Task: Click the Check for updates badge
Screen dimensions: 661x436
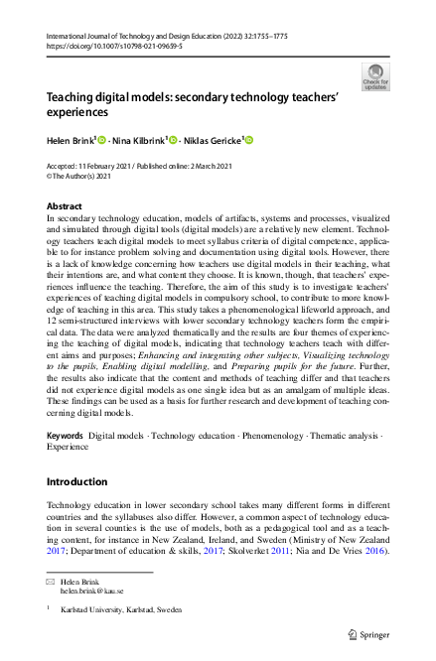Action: tap(375, 76)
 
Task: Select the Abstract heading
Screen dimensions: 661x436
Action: tap(66, 205)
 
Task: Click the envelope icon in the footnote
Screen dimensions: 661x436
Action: tap(51, 579)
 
